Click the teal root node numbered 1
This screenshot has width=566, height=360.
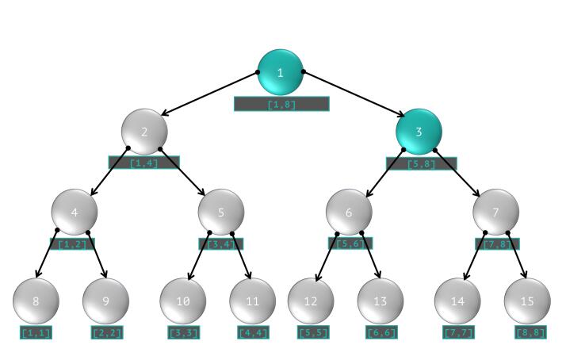pyautogui.click(x=281, y=72)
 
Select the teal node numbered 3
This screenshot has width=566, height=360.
pyautogui.click(x=419, y=131)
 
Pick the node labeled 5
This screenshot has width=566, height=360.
pyautogui.click(x=220, y=212)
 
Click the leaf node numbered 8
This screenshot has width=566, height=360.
pyautogui.click(x=36, y=301)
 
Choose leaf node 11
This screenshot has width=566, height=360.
pyautogui.click(x=252, y=301)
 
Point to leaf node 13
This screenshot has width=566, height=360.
pyautogui.click(x=380, y=301)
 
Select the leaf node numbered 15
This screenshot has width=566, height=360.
pyautogui.click(x=526, y=301)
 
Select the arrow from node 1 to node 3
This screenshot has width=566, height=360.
pyautogui.click(x=350, y=93)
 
